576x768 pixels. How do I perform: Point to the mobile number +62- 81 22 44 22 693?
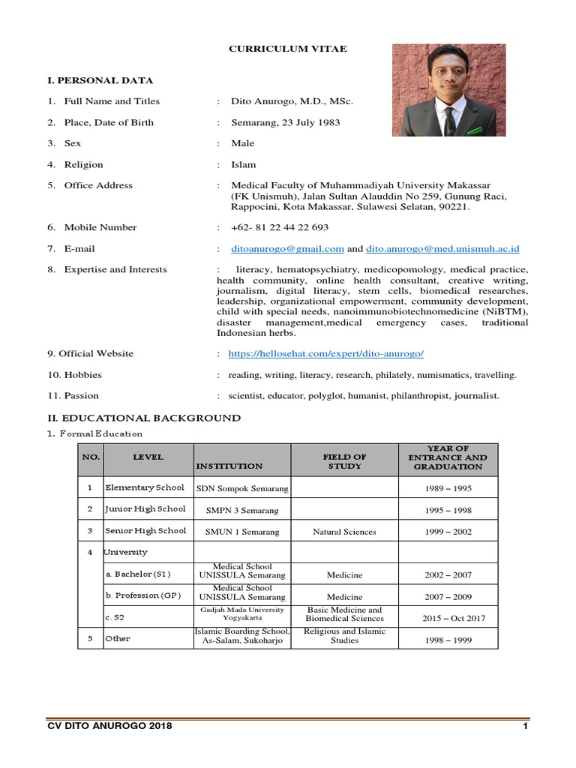[x=280, y=227]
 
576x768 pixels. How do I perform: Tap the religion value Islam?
[x=243, y=164]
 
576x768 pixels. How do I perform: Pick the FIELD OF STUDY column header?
[x=344, y=460]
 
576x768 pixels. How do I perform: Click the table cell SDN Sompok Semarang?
[x=241, y=488]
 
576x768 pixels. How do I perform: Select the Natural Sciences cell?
[x=344, y=532]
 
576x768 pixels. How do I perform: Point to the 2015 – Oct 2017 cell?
[x=447, y=618]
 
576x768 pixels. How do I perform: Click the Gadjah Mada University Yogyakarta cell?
[x=241, y=615]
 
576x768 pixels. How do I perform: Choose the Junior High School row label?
[x=145, y=509]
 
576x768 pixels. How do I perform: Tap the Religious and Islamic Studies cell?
[x=344, y=636]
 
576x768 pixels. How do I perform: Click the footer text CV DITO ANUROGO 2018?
[x=109, y=727]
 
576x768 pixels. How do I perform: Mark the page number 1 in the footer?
[x=525, y=727]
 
